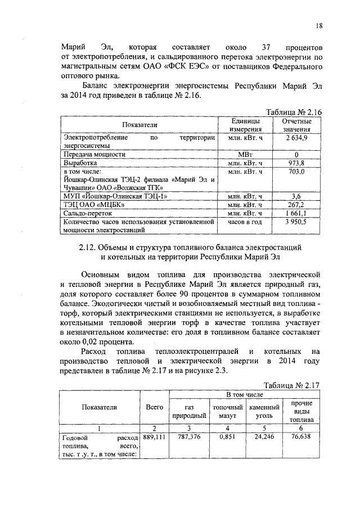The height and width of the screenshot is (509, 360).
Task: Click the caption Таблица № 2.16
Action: [x=292, y=112]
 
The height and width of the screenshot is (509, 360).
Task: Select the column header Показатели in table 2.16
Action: [x=138, y=124]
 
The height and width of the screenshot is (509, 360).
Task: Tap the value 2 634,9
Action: [x=296, y=137]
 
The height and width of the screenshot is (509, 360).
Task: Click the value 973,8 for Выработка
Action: [x=296, y=162]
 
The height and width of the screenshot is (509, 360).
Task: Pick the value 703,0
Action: [x=296, y=170]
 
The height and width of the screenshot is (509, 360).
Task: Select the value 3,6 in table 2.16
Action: [x=296, y=196]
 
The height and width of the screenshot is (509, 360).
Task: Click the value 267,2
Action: [x=296, y=204]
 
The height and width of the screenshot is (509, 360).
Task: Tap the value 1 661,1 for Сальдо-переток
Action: [x=296, y=213]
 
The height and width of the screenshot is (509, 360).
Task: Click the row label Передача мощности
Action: [x=94, y=154]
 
